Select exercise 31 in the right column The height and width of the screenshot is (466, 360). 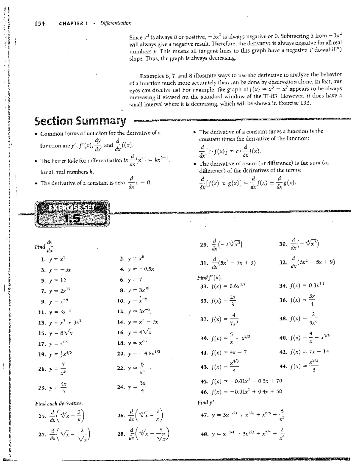228,263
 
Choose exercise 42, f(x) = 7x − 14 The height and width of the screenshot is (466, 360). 304,352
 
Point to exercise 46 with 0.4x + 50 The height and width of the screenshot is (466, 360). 241,392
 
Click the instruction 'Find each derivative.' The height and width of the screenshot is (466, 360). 58,404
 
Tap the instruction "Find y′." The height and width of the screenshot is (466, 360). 207,403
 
